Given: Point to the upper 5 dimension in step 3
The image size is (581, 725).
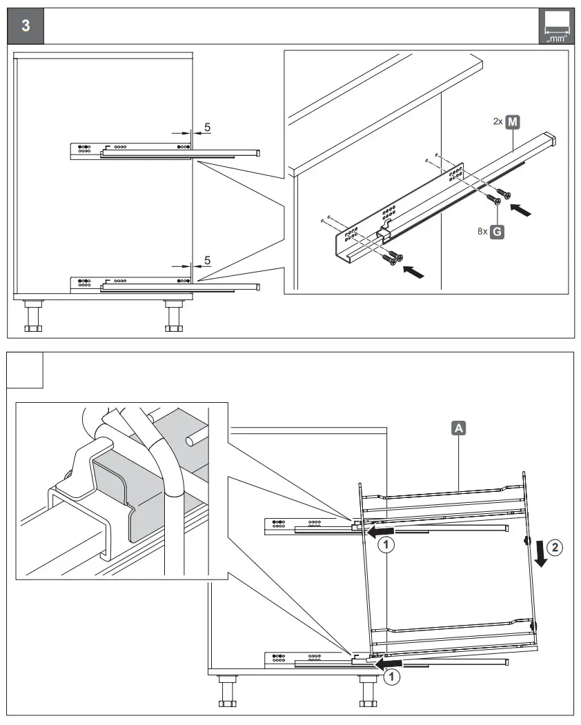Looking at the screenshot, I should [x=207, y=128].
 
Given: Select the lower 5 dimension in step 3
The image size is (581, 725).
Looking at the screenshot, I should [x=207, y=261].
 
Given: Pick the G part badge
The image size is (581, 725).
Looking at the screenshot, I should [x=497, y=232].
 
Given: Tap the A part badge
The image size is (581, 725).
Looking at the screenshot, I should [x=459, y=428].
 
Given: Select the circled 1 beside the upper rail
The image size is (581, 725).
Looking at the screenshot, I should [x=387, y=544].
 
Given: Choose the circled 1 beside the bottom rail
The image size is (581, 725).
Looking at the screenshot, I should [x=391, y=677].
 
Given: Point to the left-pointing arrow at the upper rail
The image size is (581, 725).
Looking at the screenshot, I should [x=380, y=531].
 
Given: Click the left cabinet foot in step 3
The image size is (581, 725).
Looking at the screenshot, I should [x=32, y=317].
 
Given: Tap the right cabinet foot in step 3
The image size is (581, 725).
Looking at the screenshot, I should [x=173, y=317].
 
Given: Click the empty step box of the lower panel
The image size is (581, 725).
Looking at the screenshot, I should [x=26, y=370].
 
